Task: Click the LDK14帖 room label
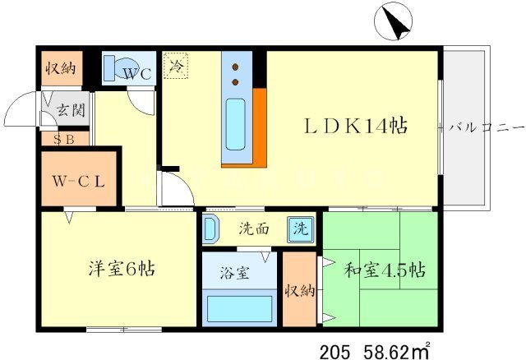356,127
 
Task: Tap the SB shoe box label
64,138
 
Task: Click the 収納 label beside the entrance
60,68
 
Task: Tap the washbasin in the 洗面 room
210,228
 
